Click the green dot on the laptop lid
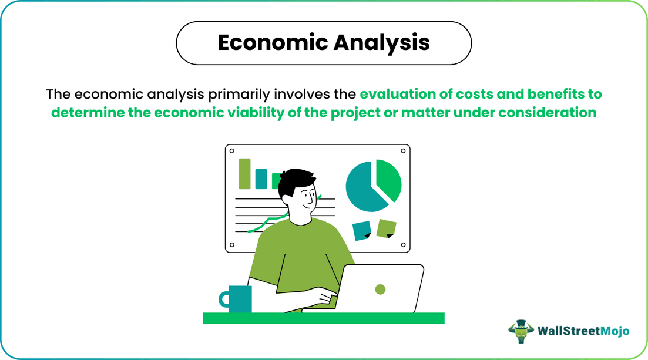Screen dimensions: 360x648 pyautogui.click(x=380, y=289)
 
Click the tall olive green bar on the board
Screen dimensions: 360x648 pyautogui.click(x=244, y=174)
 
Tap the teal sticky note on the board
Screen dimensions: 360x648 pyautogui.click(x=361, y=230)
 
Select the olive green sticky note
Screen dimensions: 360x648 pyautogui.click(x=386, y=228)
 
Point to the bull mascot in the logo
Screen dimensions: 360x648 pyautogui.click(x=521, y=331)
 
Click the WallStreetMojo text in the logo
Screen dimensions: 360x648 pyautogui.click(x=583, y=331)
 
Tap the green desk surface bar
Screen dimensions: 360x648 pyautogui.click(x=323, y=318)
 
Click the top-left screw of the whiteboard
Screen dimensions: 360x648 pyautogui.click(x=231, y=151)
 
